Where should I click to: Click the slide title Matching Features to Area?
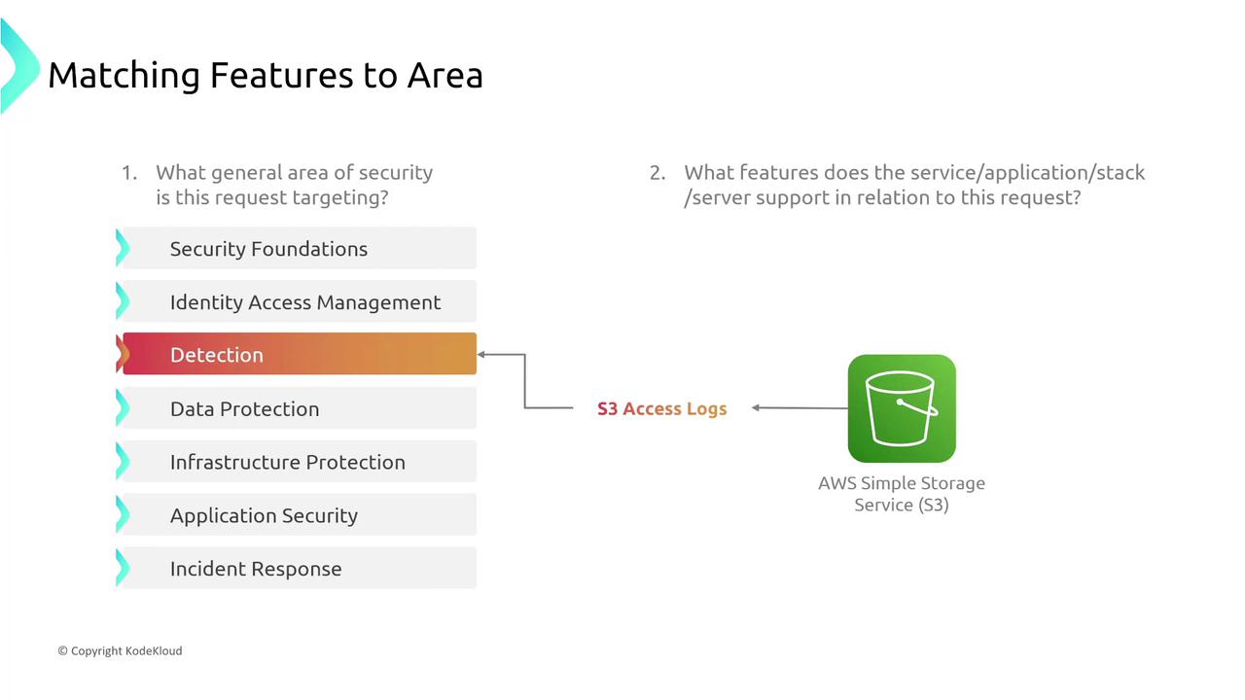(266, 75)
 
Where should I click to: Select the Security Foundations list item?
(299, 248)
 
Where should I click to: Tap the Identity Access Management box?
(299, 301)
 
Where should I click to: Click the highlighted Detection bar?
(299, 354)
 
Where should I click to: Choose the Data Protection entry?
(299, 408)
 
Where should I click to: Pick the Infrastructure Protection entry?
(299, 462)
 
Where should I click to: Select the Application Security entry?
(299, 515)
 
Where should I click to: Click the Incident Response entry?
(299, 569)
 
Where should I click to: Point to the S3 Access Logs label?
(662, 409)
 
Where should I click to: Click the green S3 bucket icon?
(902, 408)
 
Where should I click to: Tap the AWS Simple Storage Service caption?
(902, 494)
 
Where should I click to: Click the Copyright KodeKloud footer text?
(120, 650)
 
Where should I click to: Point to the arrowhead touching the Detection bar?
(481, 354)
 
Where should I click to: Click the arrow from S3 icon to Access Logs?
(800, 407)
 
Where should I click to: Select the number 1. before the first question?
(129, 173)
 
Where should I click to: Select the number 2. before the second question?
(658, 173)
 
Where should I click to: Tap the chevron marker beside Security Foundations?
(123, 248)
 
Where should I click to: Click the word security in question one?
(395, 173)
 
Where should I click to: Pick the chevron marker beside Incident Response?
(123, 568)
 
